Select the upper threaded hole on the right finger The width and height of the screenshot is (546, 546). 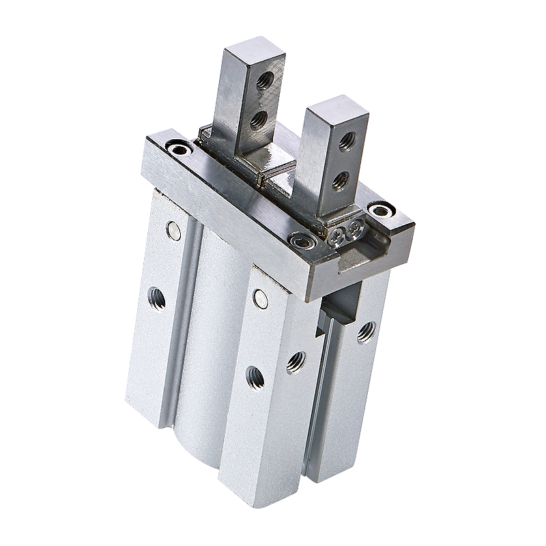(347, 141)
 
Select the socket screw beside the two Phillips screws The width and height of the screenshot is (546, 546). (301, 240)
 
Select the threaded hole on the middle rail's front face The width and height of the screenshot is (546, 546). (255, 377)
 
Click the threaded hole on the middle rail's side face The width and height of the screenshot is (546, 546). (296, 362)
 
